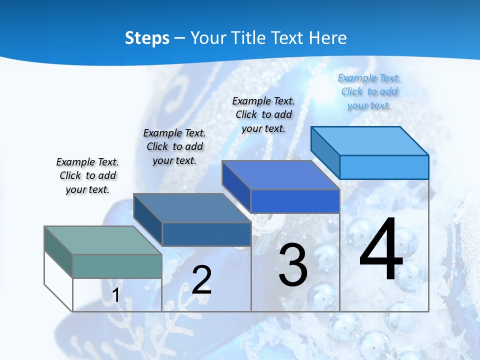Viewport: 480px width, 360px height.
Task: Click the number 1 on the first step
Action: pyautogui.click(x=115, y=295)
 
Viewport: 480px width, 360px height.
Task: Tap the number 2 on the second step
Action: pyautogui.click(x=201, y=280)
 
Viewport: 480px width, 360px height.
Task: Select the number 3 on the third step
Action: pyautogui.click(x=293, y=265)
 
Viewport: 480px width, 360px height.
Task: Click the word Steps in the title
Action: pyautogui.click(x=147, y=38)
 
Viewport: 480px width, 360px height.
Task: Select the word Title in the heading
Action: pyautogui.click(x=248, y=38)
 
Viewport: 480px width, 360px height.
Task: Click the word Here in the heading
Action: pyautogui.click(x=328, y=38)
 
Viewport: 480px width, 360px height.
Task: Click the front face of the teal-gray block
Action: pyautogui.click(x=117, y=266)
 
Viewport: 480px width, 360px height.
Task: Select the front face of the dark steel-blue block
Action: pyautogui.click(x=206, y=234)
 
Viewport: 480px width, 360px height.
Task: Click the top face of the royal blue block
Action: pyautogui.click(x=280, y=175)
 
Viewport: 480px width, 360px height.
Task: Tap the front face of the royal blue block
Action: pyautogui.click(x=295, y=201)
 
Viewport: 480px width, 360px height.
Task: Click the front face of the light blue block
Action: pyautogui.click(x=384, y=167)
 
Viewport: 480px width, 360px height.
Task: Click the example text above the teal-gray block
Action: pyautogui.click(x=87, y=175)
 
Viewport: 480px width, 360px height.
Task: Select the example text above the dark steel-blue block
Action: pyautogui.click(x=174, y=146)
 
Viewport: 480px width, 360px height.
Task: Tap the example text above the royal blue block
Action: pyautogui.click(x=263, y=114)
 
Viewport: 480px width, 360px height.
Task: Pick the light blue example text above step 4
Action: pyautogui.click(x=369, y=91)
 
